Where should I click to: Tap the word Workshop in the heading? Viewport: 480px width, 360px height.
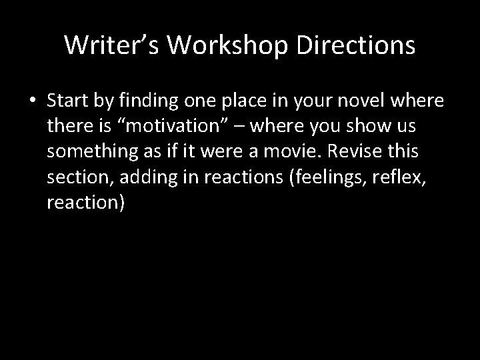[x=227, y=45]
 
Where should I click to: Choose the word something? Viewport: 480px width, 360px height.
[x=89, y=151]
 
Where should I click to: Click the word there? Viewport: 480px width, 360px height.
[x=70, y=126]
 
